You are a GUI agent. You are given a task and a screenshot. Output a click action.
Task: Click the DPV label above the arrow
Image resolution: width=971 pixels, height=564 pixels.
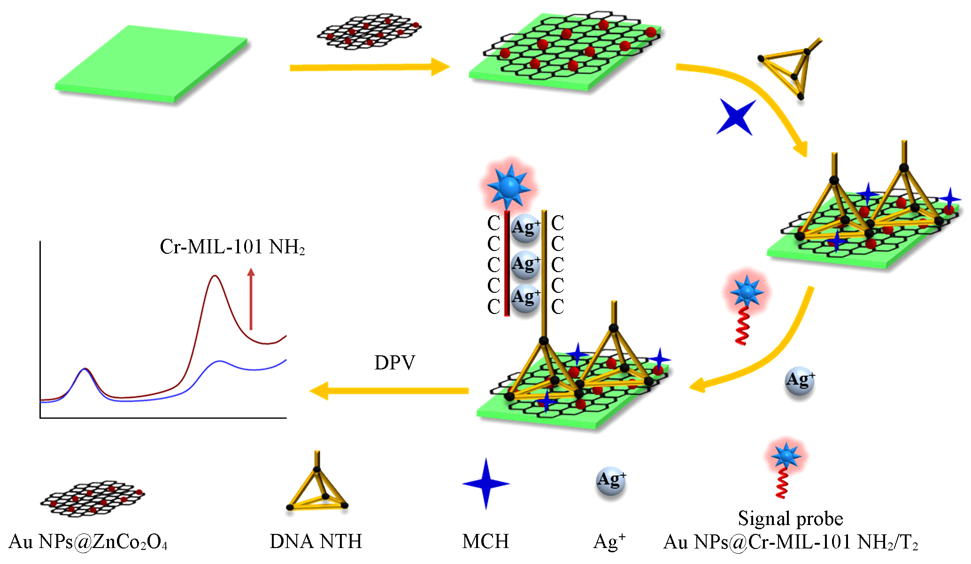tap(394, 363)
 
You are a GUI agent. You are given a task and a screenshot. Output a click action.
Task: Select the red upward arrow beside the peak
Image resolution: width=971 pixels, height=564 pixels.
tap(251, 298)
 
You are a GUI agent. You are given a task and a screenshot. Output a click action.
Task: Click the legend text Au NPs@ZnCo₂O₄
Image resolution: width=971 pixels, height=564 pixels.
tap(88, 542)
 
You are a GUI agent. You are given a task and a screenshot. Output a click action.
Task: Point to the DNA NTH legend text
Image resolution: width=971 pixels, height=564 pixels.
tap(316, 541)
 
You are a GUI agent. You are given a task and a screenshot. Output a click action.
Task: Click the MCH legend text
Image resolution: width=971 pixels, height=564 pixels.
tap(485, 541)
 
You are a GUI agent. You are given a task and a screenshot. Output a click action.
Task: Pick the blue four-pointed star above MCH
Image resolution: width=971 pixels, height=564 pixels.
tap(486, 484)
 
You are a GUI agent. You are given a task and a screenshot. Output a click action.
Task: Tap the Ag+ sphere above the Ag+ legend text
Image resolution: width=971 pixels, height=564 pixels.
tap(611, 481)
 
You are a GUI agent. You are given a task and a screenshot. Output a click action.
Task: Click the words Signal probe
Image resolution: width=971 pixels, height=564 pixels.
tap(790, 518)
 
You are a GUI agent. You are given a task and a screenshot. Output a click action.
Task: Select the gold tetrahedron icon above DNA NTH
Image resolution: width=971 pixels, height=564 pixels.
tap(317, 489)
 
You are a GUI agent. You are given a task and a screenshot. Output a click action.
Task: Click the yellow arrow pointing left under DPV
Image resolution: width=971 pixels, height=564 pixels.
tap(389, 391)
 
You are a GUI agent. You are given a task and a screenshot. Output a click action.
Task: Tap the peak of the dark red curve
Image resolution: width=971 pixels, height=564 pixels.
tap(215, 276)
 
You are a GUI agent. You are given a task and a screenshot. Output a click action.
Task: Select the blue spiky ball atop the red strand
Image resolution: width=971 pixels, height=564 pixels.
tap(509, 188)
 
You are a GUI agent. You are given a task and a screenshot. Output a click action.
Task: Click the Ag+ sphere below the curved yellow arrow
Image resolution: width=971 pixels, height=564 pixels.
tap(800, 381)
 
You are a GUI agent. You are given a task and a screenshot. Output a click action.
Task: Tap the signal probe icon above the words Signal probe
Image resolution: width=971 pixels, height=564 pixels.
tap(785, 468)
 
